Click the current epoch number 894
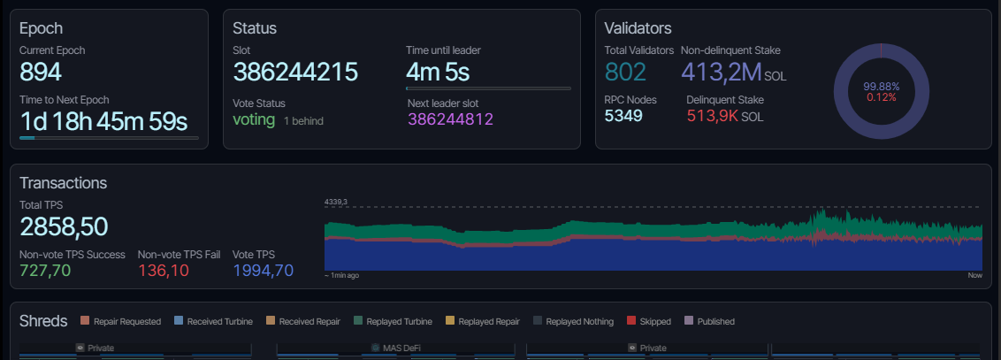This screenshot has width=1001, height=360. (41, 73)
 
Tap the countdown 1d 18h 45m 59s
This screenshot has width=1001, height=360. (103, 120)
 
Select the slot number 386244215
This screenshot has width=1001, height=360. (295, 73)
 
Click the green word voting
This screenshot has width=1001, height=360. (254, 119)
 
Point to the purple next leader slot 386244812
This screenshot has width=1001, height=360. (450, 119)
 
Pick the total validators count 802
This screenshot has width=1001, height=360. (625, 73)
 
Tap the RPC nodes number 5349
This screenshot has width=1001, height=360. (623, 116)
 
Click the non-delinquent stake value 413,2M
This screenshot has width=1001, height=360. (721, 73)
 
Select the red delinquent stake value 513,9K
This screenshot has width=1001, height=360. (713, 116)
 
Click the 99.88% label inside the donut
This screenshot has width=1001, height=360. (881, 86)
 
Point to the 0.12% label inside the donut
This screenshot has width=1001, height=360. (881, 97)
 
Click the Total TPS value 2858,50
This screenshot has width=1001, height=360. (64, 227)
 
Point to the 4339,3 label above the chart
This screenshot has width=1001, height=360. (338, 203)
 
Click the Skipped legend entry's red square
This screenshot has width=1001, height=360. (631, 321)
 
